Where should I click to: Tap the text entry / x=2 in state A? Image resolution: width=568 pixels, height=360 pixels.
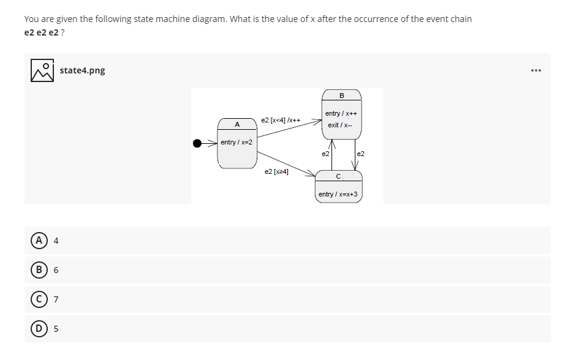point(237,142)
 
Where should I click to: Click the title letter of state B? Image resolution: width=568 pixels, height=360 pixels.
point(341,94)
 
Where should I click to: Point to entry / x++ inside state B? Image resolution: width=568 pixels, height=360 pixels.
point(341,113)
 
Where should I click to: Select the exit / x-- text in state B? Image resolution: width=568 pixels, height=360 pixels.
point(340,125)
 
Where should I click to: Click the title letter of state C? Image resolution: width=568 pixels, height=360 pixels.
point(339,176)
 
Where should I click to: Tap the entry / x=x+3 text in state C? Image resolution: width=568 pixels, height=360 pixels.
point(339,194)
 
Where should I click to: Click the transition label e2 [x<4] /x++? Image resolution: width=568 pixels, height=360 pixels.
point(280,119)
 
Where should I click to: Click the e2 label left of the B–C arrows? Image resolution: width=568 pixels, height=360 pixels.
point(325,153)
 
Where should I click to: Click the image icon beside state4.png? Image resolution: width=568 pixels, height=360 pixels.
point(42,70)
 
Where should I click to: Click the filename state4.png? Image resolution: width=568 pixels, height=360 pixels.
point(82,70)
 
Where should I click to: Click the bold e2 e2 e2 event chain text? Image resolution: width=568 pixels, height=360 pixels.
point(42,32)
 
